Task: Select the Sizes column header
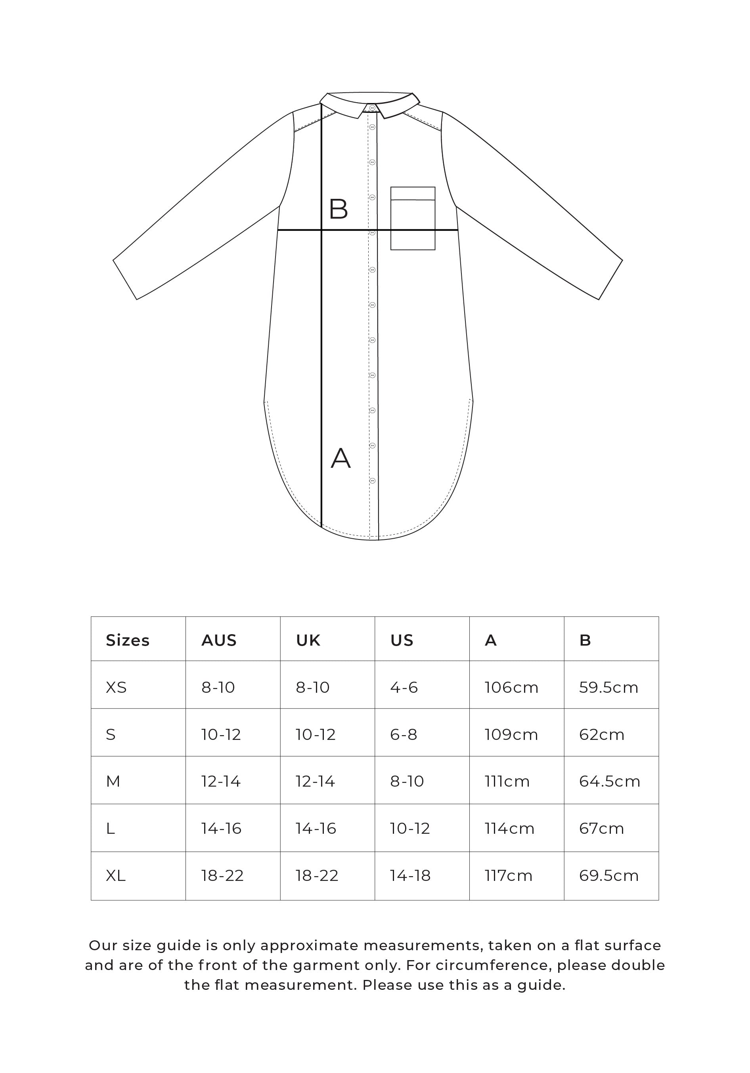(127, 640)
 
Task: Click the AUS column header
(219, 640)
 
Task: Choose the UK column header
(308, 640)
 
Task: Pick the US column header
(402, 640)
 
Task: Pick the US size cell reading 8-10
(407, 781)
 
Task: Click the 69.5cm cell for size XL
(608, 875)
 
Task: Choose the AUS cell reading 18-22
(222, 875)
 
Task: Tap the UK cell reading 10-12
(315, 734)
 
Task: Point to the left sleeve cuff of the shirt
(125, 280)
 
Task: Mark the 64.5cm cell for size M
(609, 781)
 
